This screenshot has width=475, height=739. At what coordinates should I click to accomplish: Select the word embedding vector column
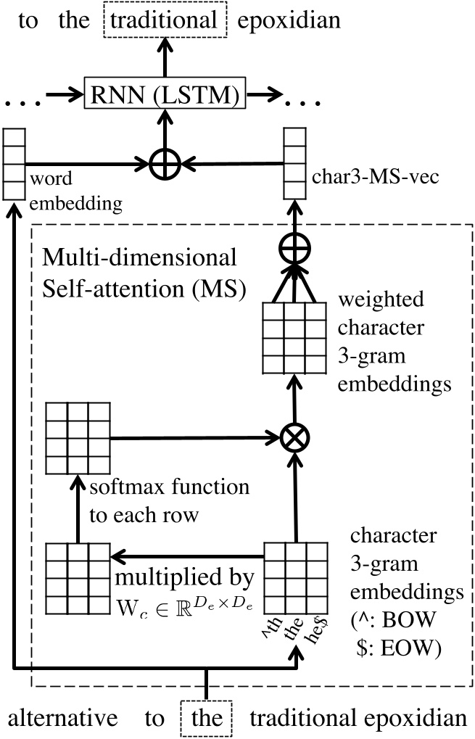tap(13, 164)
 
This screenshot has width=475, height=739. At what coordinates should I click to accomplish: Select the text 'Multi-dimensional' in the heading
tap(140, 257)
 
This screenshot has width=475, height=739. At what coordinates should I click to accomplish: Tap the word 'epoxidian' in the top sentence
tap(294, 21)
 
